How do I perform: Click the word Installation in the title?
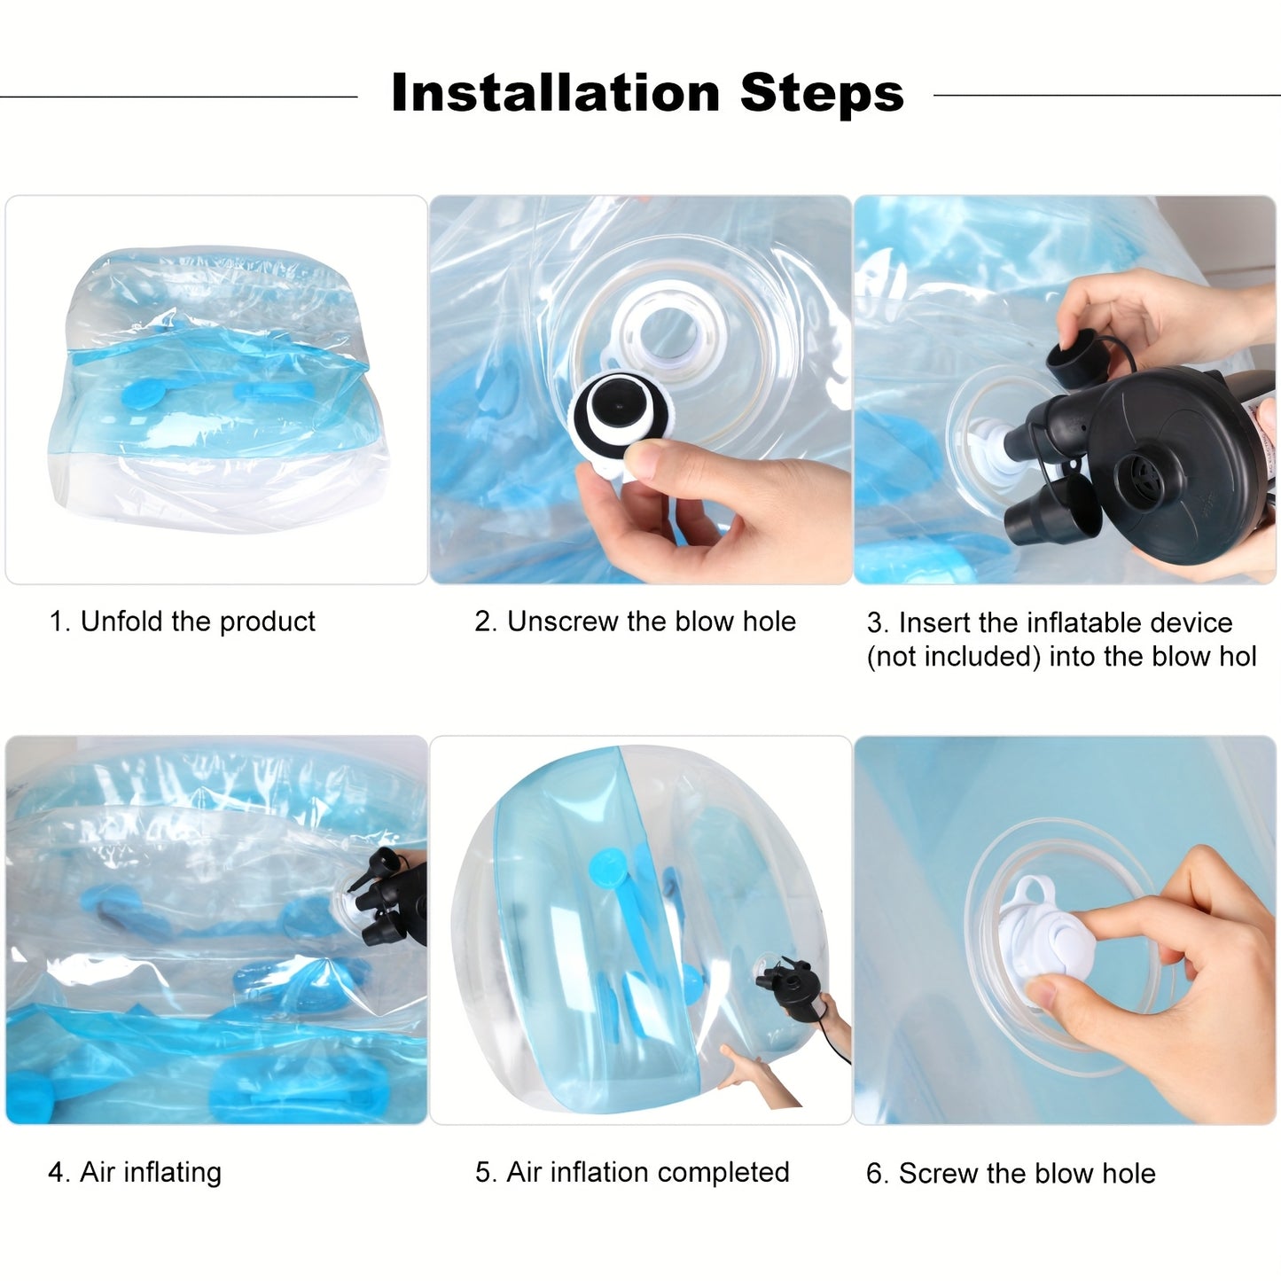click(555, 93)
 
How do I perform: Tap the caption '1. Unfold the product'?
click(182, 621)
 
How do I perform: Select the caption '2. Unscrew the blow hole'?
click(635, 621)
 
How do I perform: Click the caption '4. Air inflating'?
click(135, 1172)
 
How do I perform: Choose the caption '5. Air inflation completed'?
click(632, 1172)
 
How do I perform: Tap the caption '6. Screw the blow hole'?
click(1011, 1174)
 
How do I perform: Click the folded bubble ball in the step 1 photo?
click(217, 390)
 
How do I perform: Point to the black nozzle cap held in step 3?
click(1069, 355)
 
